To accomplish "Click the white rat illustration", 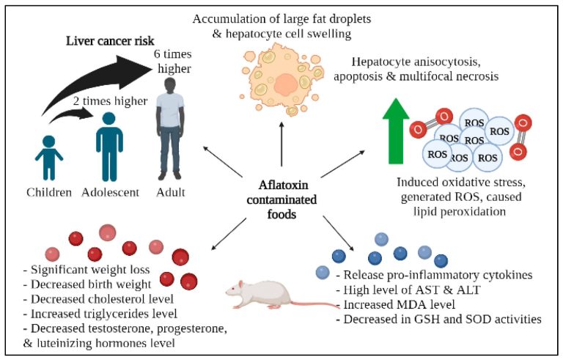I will (262, 293).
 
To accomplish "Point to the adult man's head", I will (170, 88).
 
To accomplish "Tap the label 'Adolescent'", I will (110, 194).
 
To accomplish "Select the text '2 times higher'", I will (100, 96).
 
